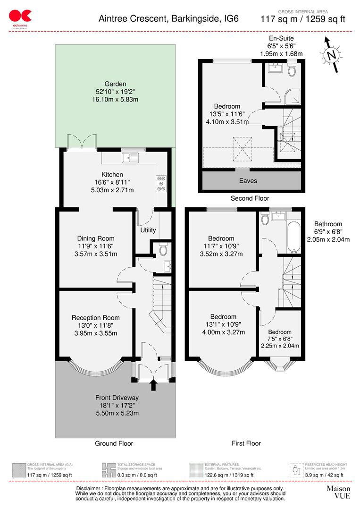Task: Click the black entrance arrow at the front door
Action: pyautogui.click(x=153, y=385)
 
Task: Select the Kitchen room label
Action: pyautogui.click(x=113, y=175)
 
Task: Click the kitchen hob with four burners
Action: pyautogui.click(x=161, y=182)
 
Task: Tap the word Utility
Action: pyautogui.click(x=148, y=230)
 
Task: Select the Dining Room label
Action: pyautogui.click(x=96, y=238)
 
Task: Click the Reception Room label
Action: pyautogui.click(x=96, y=318)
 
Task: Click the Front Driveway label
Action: pyautogui.click(x=117, y=398)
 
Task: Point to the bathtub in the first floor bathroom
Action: pyautogui.click(x=293, y=236)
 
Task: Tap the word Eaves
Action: pyautogui.click(x=248, y=180)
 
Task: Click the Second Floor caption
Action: pyautogui.click(x=250, y=198)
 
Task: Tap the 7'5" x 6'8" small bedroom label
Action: pyautogui.click(x=280, y=339)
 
